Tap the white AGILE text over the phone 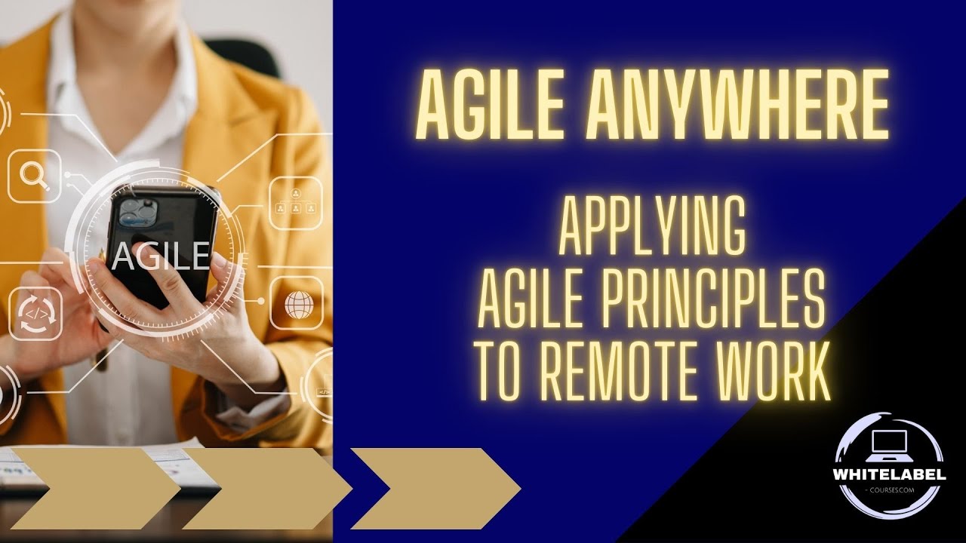coord(158,256)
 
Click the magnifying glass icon coord(34,176)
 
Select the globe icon coord(299,304)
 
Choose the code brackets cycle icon coord(34,314)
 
